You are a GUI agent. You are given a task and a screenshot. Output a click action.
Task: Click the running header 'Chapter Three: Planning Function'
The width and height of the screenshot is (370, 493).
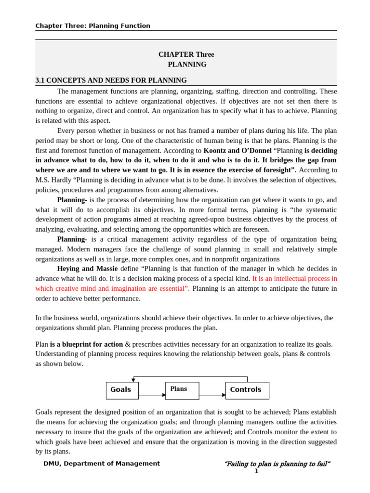pos(92,26)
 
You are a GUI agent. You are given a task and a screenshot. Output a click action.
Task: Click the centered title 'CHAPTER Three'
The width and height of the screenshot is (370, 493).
pos(186,54)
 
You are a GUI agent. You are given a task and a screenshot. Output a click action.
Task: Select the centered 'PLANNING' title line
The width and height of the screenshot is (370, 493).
pos(187,65)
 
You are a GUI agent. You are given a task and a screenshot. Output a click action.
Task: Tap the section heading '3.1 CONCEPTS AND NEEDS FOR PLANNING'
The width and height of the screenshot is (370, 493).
pos(111,80)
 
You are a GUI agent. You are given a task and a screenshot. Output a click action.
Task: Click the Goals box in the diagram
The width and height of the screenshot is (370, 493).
pos(122,390)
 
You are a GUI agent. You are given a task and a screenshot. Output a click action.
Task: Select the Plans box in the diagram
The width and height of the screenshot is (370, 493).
pos(182,390)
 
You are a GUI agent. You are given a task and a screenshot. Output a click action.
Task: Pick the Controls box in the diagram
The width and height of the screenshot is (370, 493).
pos(247,390)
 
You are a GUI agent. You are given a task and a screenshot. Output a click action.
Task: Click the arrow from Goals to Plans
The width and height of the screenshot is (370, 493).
pos(152,395)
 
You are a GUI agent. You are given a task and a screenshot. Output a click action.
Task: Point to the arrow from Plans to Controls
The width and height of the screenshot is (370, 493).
pos(212,395)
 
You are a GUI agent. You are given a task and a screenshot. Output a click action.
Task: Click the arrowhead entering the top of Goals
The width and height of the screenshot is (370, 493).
pos(133,380)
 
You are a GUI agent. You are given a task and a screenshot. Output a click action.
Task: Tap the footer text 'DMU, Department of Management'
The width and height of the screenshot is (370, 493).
pos(102,464)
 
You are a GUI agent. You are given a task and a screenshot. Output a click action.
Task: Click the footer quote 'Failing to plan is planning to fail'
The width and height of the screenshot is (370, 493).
pos(277,464)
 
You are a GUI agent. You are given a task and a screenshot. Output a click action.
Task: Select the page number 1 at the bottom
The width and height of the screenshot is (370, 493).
pos(256,471)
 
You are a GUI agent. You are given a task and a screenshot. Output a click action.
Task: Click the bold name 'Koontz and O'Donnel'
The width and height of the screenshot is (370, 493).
pos(238,150)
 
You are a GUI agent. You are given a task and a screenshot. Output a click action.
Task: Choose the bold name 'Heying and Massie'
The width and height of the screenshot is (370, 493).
pos(87,269)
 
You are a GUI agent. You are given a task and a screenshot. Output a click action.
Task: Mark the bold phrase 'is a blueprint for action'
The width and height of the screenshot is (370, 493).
pos(86,344)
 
